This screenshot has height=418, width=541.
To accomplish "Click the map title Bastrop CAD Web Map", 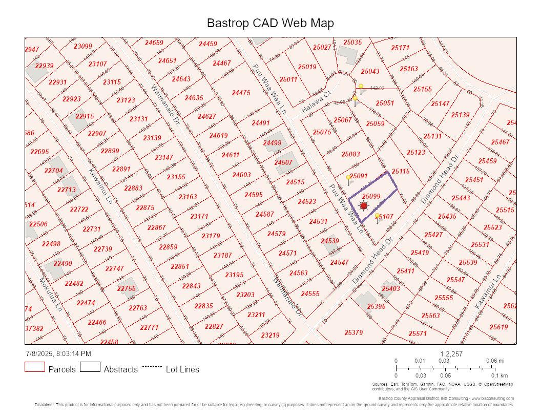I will tap(270, 23).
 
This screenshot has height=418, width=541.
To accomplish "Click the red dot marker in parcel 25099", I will tap(364, 206).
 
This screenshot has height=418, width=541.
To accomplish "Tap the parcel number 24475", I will tap(241, 93).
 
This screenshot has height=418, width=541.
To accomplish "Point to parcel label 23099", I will tap(83, 46).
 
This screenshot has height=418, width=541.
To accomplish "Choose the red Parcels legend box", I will tap(35, 367).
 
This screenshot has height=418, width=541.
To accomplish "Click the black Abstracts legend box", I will tap(90, 367).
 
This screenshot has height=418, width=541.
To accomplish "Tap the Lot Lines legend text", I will tap(182, 369).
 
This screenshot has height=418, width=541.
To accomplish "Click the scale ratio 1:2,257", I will tap(451, 353).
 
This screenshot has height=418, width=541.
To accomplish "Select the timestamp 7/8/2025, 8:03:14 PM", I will tap(58, 353).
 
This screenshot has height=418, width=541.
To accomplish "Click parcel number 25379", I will tap(353, 332).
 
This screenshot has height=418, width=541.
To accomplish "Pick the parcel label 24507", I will tap(283, 163).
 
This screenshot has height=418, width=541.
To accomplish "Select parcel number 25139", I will tap(460, 115).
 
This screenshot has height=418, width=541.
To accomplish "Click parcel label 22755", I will tap(126, 288).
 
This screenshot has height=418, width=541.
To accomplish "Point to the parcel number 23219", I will tap(270, 335).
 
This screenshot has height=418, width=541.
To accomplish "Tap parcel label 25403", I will tap(391, 289).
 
